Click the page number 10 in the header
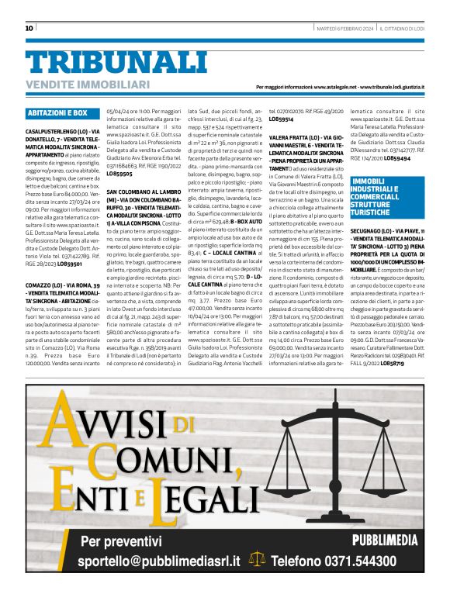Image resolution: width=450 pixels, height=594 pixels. coord(29,28)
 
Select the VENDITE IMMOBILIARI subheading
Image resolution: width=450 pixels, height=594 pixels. coord(87,84)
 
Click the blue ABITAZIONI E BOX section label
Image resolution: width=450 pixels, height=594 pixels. coord(57,113)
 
